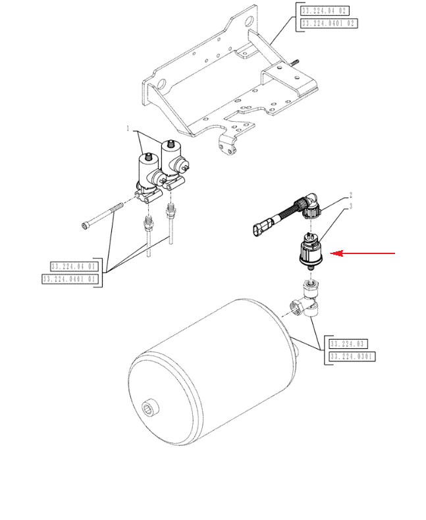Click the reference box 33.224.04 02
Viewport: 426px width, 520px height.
point(323,11)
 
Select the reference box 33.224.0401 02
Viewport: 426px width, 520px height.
point(329,23)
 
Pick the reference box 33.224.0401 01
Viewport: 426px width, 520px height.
point(70,279)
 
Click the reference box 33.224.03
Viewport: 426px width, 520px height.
point(347,344)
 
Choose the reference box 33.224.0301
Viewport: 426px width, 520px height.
point(351,357)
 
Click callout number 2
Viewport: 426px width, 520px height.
point(351,195)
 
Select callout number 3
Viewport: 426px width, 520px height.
point(351,206)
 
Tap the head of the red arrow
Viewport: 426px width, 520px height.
point(332,253)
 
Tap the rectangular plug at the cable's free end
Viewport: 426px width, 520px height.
point(259,230)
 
